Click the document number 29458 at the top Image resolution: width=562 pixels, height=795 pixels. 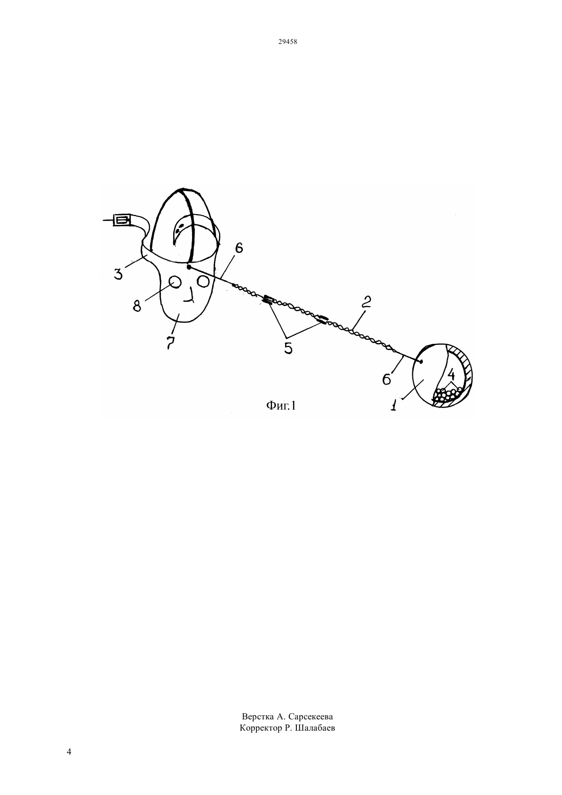(287, 42)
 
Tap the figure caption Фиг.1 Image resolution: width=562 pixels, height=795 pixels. (281, 405)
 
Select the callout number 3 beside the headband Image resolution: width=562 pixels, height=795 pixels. (118, 273)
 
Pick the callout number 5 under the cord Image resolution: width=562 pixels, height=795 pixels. (288, 348)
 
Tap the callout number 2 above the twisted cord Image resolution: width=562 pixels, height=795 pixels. (366, 301)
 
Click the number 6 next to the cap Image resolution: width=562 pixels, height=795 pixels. (239, 248)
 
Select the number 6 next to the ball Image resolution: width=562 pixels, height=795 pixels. (386, 379)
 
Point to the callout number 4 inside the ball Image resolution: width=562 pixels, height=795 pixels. (451, 374)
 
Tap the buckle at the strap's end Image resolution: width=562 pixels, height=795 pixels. (122, 220)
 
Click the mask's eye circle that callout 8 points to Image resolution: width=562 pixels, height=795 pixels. (175, 283)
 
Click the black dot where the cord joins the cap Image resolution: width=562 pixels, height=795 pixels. (189, 267)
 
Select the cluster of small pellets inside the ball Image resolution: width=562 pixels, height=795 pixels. (448, 394)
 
